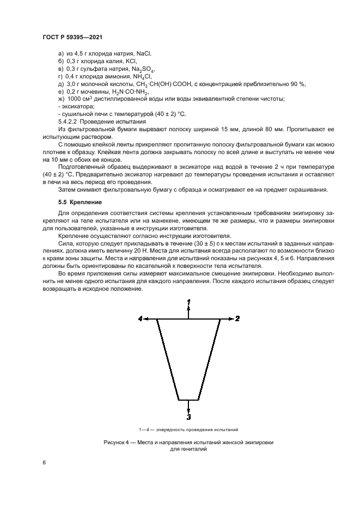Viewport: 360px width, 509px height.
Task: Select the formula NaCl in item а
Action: [x=143, y=53]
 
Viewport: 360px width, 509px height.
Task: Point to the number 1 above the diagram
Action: [x=188, y=301]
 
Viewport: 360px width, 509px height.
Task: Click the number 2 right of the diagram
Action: [x=237, y=319]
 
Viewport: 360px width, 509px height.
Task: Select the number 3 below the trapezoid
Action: [x=188, y=418]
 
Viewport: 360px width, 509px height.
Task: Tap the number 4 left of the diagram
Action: [x=140, y=319]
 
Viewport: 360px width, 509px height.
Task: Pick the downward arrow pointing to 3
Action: [x=188, y=407]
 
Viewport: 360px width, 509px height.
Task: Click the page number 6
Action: [x=44, y=462]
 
